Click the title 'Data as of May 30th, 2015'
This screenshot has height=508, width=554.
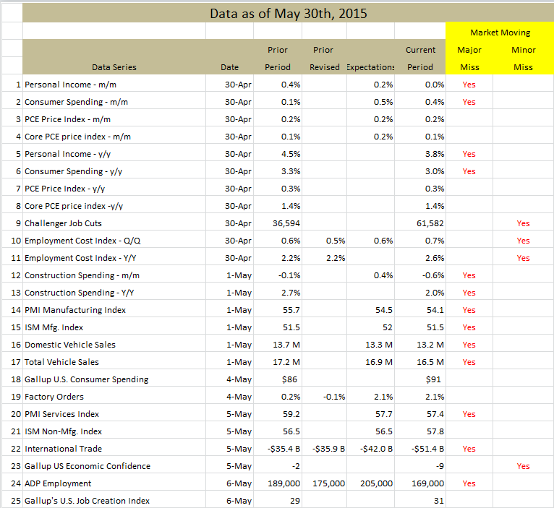tap(289, 14)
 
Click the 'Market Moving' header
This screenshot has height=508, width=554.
tap(500, 33)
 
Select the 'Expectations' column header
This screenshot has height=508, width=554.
tap(370, 67)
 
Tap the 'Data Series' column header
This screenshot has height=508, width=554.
tap(114, 67)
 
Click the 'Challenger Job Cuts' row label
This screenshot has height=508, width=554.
tap(63, 223)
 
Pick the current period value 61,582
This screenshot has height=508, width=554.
tap(430, 223)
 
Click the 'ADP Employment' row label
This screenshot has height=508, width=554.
tap(58, 483)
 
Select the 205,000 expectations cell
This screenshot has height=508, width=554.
tap(376, 483)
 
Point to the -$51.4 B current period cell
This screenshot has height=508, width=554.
tap(427, 449)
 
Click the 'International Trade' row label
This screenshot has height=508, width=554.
tap(63, 449)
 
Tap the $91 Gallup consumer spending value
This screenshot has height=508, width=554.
tap(433, 379)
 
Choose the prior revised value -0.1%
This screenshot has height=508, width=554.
tap(334, 397)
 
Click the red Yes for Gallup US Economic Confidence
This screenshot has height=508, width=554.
tap(523, 466)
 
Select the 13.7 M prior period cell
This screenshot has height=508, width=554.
tap(286, 345)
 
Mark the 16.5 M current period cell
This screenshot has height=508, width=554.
tap(430, 362)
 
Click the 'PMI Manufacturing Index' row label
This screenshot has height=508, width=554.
tap(75, 310)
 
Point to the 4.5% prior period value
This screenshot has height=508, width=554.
tap(291, 154)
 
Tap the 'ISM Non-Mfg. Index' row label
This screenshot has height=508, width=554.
tap(63, 431)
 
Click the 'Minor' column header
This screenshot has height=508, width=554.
tap(523, 50)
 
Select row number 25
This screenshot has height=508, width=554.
tap(16, 501)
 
